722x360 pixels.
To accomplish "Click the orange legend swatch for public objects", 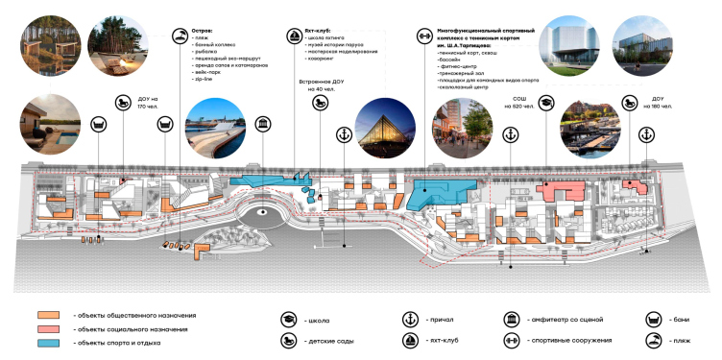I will pos(48,315).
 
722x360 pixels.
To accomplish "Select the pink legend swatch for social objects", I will pos(48,328).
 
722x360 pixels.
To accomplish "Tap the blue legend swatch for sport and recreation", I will pos(48,342).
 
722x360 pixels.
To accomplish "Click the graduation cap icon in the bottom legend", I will pos(287,320).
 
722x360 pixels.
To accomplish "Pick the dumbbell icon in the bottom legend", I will pos(510,340).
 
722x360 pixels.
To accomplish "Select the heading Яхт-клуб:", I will pos(316,32).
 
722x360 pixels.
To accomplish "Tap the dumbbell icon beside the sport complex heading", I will pos(422,36).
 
